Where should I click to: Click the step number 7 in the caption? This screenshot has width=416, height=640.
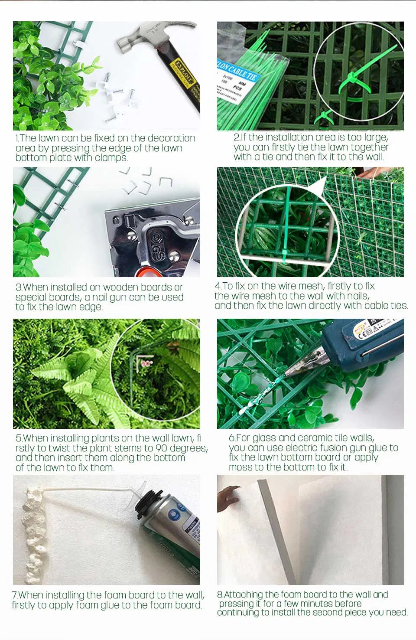coord(15,595)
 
